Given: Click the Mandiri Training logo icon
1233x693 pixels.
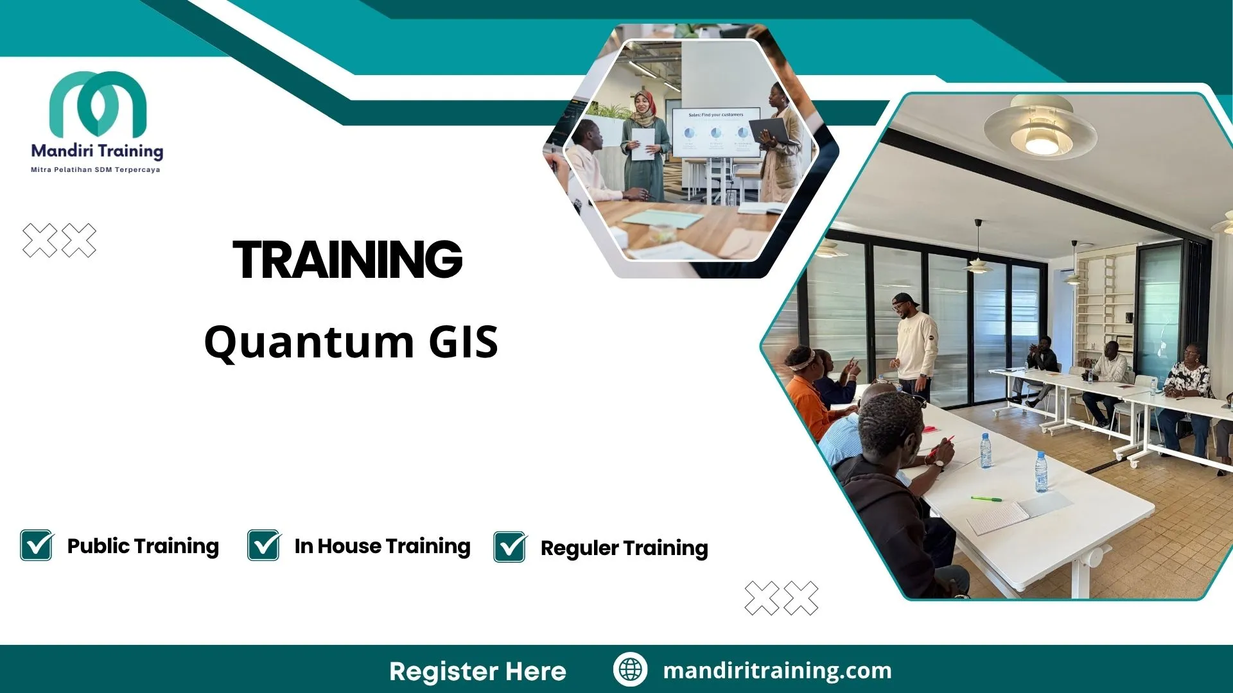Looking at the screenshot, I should click(x=98, y=103).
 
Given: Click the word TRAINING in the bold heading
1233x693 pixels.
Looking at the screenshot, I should click(x=347, y=260).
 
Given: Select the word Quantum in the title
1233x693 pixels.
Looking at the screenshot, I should click(x=309, y=343).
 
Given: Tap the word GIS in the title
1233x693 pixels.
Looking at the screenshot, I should click(x=463, y=341).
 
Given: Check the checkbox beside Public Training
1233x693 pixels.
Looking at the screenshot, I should click(x=37, y=545).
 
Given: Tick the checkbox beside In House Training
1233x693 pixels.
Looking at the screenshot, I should click(x=264, y=545).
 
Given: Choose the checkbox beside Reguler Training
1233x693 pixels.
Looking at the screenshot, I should click(x=510, y=547).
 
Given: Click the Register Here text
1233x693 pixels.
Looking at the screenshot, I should click(x=477, y=671).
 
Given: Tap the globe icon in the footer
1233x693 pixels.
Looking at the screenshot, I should click(x=630, y=669).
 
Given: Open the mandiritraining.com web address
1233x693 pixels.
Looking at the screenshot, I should click(x=777, y=671).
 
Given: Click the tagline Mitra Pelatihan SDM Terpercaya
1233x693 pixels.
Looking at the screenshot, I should click(x=96, y=170).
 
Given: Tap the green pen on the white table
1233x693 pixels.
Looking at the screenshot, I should click(x=986, y=499).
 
